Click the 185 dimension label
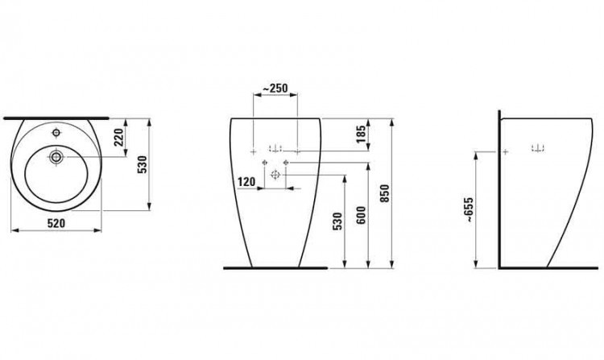[362, 134]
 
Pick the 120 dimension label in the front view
[247, 184]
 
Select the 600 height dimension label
[362, 218]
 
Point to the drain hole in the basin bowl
[57, 156]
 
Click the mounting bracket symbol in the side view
[538, 147]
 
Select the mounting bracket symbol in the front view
[275, 147]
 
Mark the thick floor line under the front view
[276, 267]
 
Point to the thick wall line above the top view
[56, 116]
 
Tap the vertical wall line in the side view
[500, 193]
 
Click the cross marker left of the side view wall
[507, 151]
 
